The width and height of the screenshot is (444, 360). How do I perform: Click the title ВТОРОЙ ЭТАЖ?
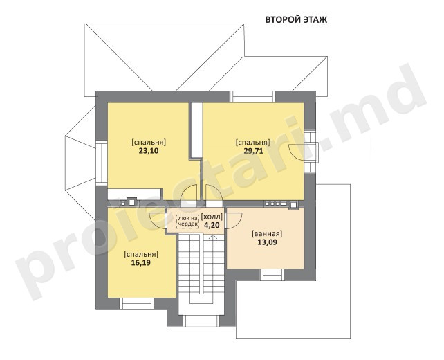click(x=296, y=20)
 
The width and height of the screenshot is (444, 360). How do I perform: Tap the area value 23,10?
click(x=149, y=151)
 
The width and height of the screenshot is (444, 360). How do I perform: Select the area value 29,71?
click(x=253, y=151)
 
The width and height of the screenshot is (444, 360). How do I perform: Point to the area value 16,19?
click(x=140, y=263)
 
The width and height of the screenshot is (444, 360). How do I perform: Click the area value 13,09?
click(x=268, y=242)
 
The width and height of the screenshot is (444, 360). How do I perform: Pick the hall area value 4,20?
click(x=212, y=225)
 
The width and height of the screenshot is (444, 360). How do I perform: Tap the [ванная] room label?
click(x=268, y=234)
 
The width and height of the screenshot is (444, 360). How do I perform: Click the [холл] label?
click(x=212, y=217)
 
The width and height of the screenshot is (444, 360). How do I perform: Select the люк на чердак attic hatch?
click(x=187, y=222)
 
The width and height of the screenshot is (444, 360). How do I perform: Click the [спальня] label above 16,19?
click(x=141, y=254)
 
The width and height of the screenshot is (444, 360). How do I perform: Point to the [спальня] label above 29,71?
click(x=253, y=143)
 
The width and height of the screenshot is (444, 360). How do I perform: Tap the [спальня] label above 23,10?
click(x=149, y=142)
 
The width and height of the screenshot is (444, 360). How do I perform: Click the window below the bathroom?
click(x=272, y=275)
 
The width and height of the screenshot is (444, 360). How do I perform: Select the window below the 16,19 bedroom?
click(x=136, y=304)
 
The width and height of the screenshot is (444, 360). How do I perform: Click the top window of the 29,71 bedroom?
click(x=252, y=97)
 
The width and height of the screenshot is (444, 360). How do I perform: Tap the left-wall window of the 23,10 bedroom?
click(x=101, y=163)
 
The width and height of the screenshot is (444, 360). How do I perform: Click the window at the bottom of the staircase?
click(x=201, y=321)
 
